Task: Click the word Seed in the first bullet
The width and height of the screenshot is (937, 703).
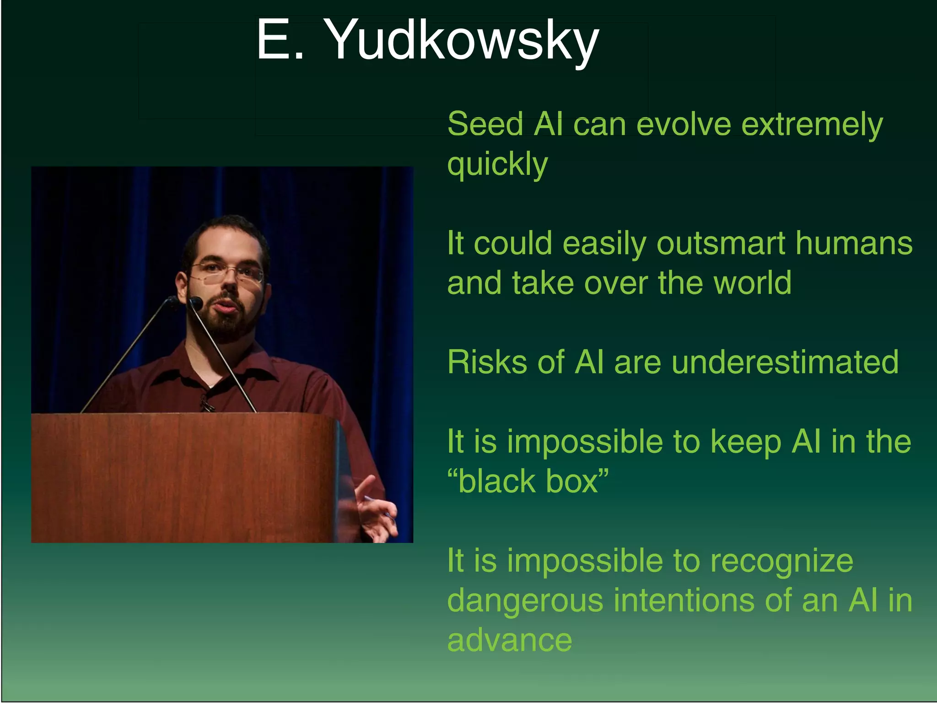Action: point(485,124)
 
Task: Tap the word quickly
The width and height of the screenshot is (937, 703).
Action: point(497,164)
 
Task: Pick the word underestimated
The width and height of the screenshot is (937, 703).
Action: point(785,362)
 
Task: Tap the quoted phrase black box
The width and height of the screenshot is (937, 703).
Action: point(528,481)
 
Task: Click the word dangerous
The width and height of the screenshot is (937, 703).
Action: point(525,601)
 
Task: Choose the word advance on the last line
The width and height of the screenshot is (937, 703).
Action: point(510,640)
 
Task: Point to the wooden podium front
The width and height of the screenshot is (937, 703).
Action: point(183,476)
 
